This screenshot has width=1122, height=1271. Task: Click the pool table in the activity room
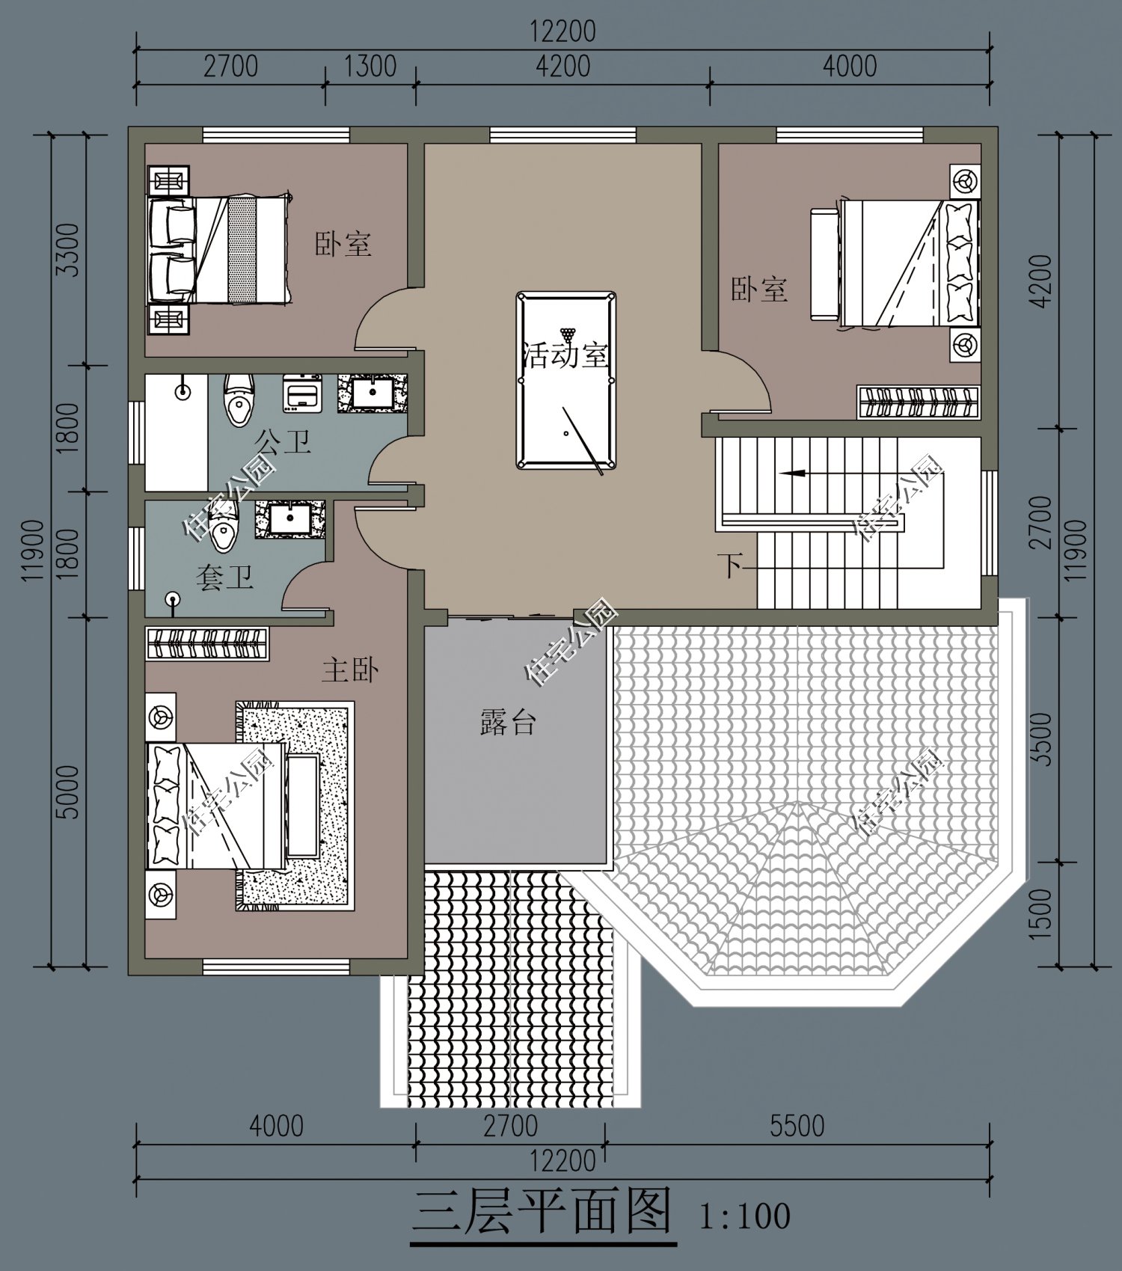point(565,382)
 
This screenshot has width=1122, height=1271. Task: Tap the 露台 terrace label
point(508,723)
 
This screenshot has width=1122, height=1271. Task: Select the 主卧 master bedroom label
point(350,670)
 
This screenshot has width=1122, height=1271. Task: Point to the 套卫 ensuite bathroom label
point(224,578)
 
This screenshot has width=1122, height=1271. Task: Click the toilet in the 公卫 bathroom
point(239,400)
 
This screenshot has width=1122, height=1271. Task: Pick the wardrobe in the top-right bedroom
point(919,402)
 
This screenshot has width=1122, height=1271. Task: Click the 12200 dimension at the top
point(562,31)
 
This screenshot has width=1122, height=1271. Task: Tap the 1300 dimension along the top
point(370,66)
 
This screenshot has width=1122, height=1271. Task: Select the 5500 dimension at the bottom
point(797,1126)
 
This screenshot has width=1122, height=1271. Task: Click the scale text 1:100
point(744,1216)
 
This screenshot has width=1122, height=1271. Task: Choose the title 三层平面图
point(543,1212)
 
